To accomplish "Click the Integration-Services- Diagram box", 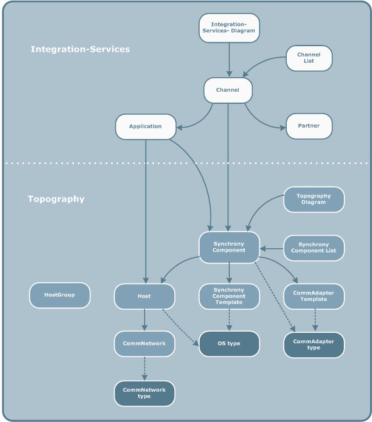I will (x=229, y=29).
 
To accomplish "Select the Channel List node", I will (x=309, y=58).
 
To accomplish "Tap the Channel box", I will (x=228, y=90).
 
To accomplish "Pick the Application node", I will (x=145, y=126).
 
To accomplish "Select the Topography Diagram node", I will (x=314, y=199).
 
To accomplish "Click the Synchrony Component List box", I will (x=314, y=248).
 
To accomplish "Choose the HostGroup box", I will (x=60, y=296).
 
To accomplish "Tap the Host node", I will (x=145, y=296).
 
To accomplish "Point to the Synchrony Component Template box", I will (x=229, y=296).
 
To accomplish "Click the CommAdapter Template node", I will (x=314, y=296).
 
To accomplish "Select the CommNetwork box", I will (x=145, y=344).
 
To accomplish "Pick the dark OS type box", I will (x=229, y=344).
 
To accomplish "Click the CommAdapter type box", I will (x=314, y=344).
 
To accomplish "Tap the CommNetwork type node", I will (x=145, y=393).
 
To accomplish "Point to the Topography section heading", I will (x=56, y=199).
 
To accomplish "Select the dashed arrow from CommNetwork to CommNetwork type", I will (x=145, y=368).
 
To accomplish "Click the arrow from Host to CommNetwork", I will (x=145, y=319).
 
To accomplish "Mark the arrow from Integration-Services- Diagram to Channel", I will (x=229, y=62).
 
